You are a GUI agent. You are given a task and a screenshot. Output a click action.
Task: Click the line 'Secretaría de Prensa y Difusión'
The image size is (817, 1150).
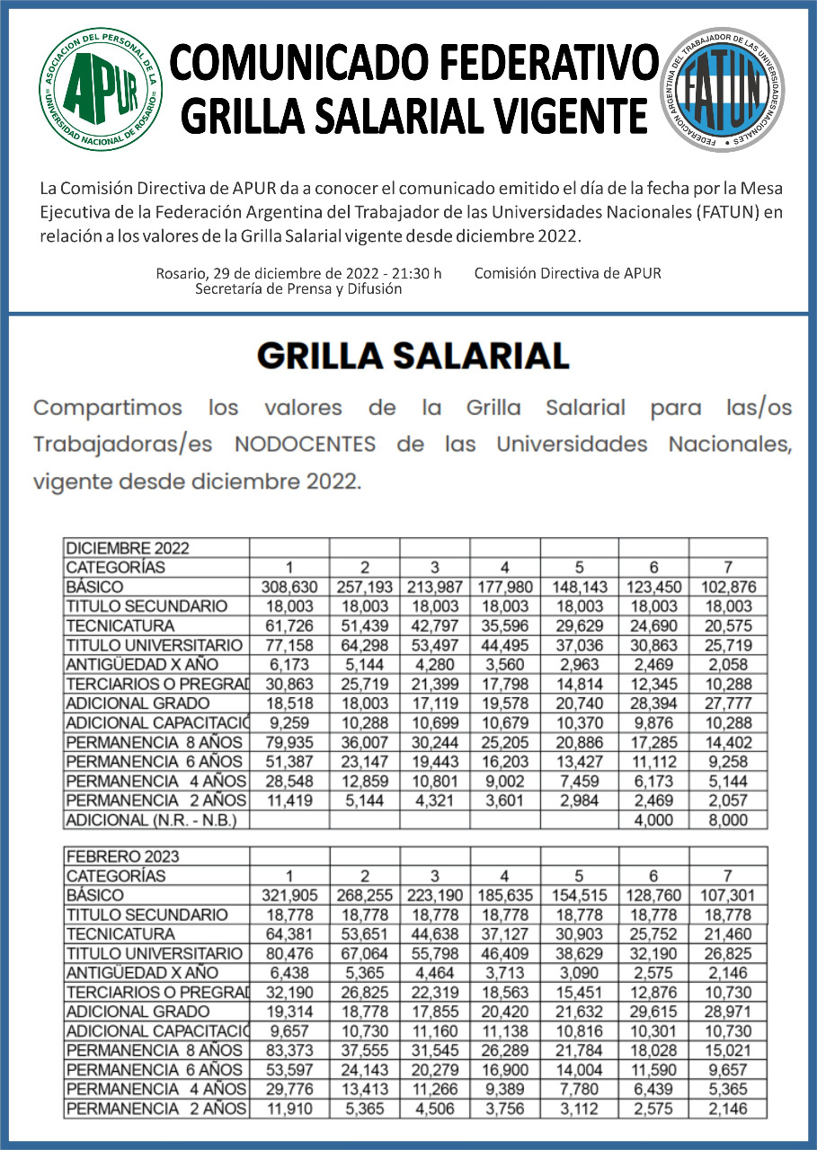298,289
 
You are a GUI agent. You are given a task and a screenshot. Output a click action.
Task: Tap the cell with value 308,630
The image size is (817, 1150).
289,587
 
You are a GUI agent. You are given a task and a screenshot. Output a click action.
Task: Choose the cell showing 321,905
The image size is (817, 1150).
289,895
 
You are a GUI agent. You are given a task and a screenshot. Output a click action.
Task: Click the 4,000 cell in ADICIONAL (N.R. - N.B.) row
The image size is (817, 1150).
653,819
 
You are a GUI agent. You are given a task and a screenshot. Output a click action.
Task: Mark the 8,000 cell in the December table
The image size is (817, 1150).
727,819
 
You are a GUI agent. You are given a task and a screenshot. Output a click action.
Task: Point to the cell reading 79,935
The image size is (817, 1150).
289,742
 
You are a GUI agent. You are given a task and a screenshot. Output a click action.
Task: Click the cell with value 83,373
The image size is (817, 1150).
289,1050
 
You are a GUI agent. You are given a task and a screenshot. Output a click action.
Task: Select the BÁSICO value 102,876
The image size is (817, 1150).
727,587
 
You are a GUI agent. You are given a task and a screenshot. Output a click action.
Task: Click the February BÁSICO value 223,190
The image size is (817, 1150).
434,895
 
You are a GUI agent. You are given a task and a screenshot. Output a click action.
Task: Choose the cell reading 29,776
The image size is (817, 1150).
289,1089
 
